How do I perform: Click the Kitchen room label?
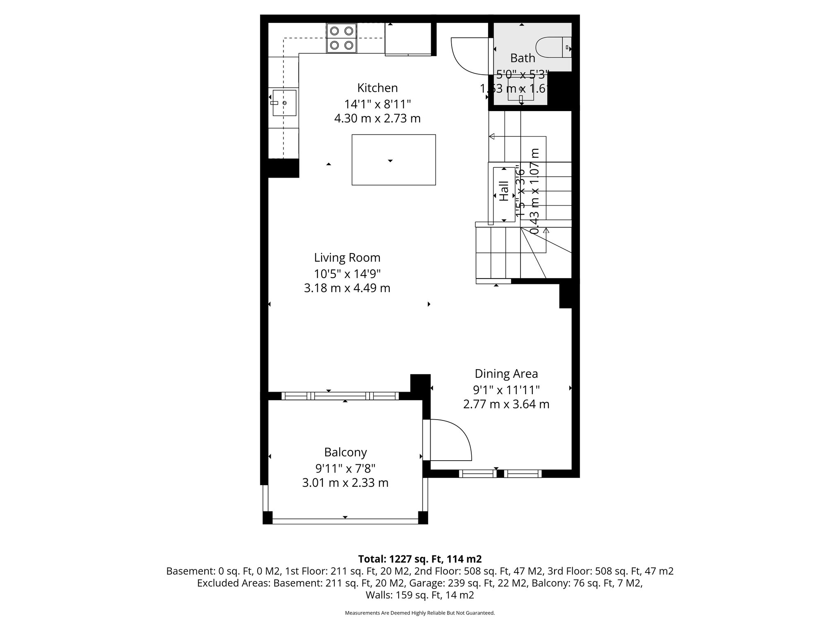[377, 88]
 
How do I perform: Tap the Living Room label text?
[347, 258]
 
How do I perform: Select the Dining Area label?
[506, 374]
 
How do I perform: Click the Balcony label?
[345, 452]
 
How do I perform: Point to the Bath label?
[523, 58]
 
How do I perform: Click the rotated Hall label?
[504, 191]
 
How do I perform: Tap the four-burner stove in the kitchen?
[341, 38]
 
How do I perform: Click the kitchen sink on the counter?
[284, 103]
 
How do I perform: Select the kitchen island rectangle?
[393, 160]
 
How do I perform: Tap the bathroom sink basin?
[521, 89]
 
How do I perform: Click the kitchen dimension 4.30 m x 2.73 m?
[377, 119]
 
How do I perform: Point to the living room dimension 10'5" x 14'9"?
[347, 273]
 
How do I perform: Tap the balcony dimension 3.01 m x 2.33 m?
[345, 483]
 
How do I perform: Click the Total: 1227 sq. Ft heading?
[420, 559]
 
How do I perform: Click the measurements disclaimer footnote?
[420, 613]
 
